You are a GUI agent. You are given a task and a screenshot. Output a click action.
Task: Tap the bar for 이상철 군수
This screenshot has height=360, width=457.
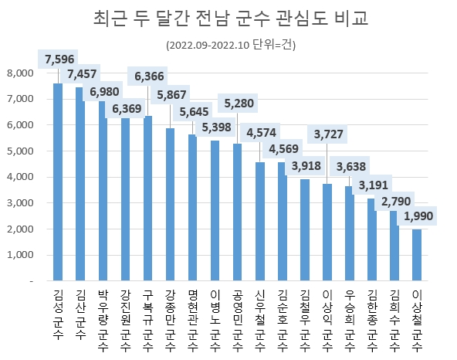[x=417, y=255]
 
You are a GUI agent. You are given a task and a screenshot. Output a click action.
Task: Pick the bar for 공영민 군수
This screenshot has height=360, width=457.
[x=237, y=212]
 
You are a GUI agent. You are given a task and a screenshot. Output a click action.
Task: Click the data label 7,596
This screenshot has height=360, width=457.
[x=59, y=59]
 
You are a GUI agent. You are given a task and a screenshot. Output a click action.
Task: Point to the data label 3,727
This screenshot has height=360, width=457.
[x=328, y=134]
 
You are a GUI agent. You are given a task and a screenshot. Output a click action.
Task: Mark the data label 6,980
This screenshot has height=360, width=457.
[x=105, y=92]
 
